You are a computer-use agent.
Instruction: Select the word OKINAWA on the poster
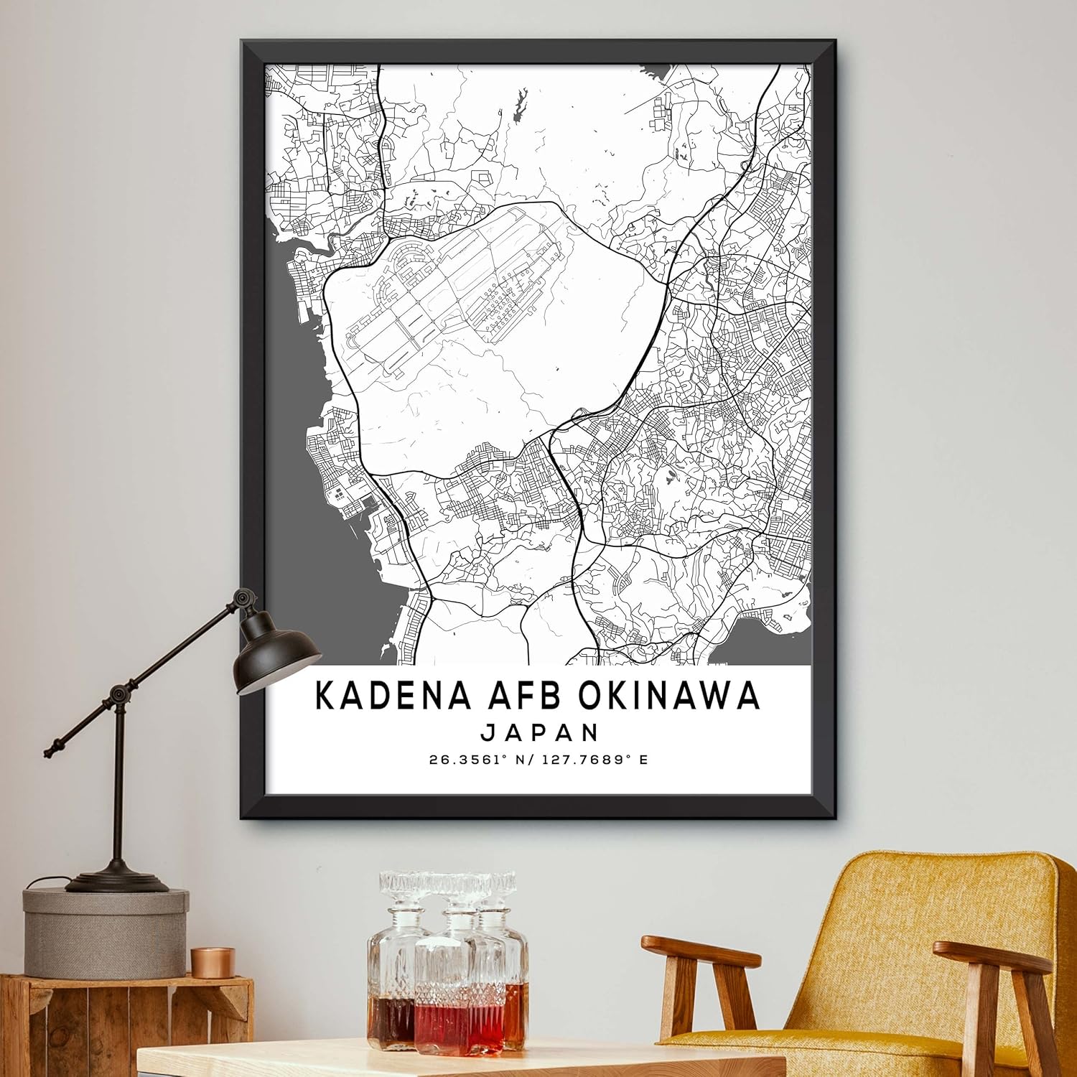(668, 695)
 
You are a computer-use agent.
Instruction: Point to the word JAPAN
(540, 732)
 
